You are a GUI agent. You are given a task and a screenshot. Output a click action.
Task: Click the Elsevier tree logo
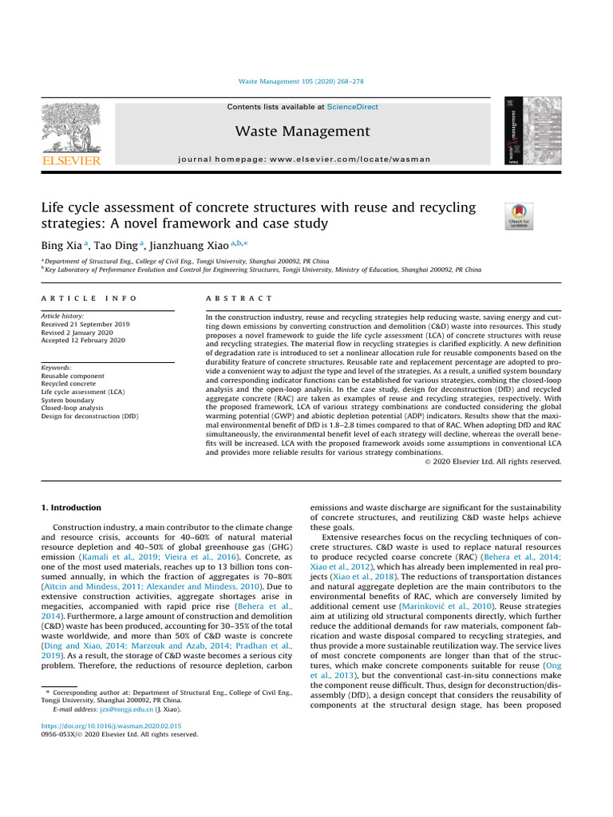72,129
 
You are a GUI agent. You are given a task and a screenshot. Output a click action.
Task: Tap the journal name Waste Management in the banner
303,131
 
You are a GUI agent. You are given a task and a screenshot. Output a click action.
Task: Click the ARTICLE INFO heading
89,298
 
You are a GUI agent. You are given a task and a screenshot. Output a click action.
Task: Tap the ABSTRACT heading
239,298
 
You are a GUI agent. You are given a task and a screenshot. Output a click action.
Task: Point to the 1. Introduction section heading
71,507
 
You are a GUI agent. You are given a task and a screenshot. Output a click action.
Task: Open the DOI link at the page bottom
110,726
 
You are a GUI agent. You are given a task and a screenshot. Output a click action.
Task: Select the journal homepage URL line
307,160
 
